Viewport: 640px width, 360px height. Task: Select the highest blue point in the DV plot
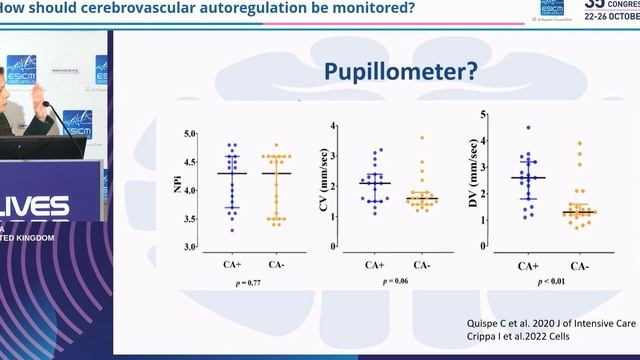tap(528, 128)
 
